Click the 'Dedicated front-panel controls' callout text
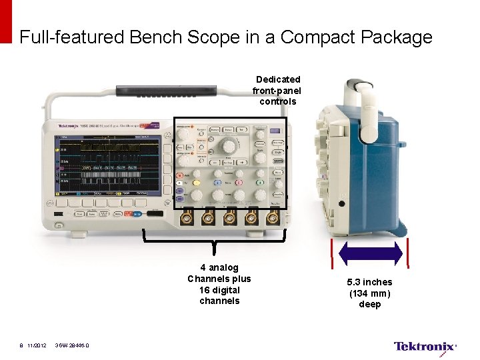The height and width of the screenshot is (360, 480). [x=277, y=91]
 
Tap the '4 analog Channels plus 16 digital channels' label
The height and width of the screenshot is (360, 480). [x=219, y=285]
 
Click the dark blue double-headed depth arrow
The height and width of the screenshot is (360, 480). [x=371, y=254]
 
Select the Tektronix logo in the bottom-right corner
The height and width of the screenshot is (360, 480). [x=425, y=346]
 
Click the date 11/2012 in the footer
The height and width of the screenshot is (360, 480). [x=37, y=345]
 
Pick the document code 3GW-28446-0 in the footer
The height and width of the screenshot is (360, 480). [x=73, y=345]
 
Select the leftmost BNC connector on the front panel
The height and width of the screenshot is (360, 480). [x=187, y=217]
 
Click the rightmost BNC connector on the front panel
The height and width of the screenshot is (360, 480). [x=272, y=217]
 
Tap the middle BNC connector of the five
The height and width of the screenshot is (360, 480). [x=230, y=217]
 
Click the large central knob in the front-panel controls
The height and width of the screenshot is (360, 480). [x=228, y=145]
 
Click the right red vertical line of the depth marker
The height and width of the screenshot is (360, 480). [x=408, y=254]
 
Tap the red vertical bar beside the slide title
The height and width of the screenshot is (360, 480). [x=6, y=21]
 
